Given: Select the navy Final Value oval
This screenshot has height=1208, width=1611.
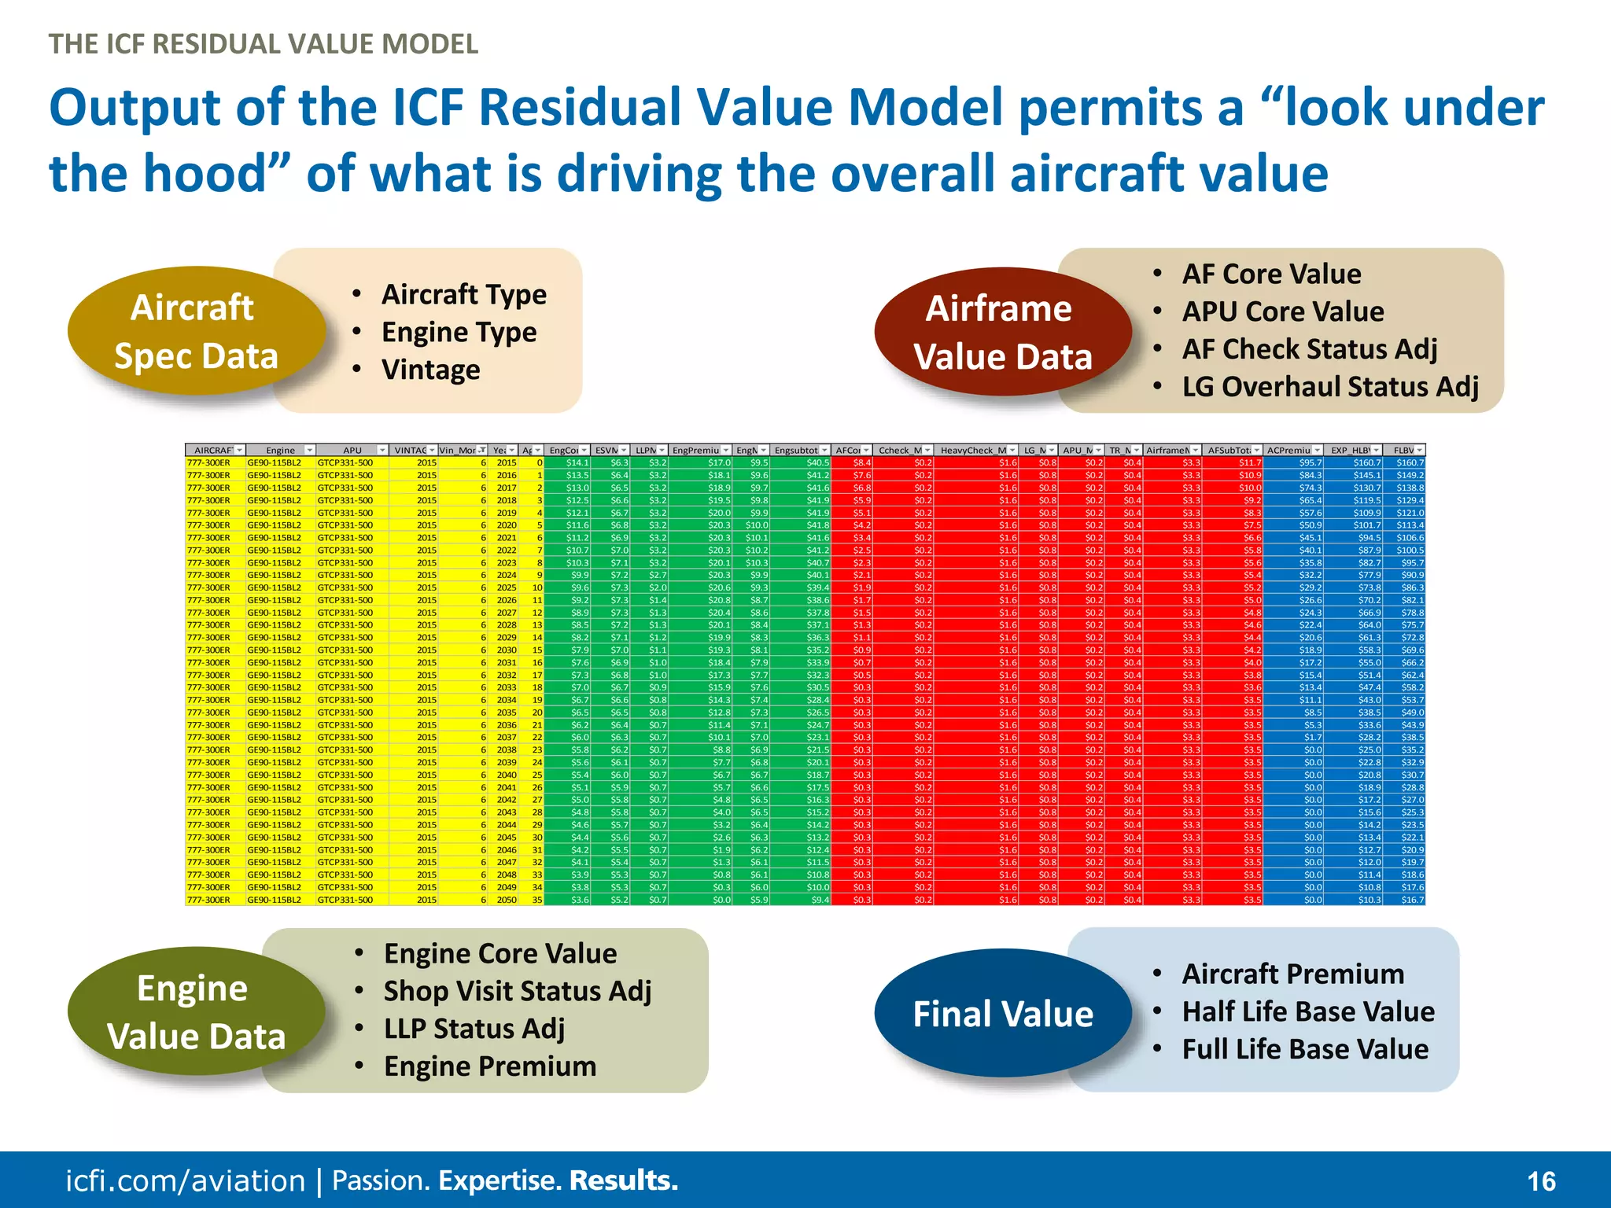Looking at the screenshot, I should coord(1002,1014).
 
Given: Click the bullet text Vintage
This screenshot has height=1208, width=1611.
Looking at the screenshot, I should coord(430,370).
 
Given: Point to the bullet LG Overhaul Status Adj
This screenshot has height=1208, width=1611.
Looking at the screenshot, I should coord(1329,387).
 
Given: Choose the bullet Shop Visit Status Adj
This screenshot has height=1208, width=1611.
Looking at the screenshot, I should coord(517,991).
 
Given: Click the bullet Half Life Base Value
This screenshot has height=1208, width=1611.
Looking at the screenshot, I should coord(1307,1011).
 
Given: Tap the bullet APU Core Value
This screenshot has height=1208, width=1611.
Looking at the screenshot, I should coord(1282,311).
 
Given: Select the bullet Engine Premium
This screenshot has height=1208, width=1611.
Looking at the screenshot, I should coord(489,1066).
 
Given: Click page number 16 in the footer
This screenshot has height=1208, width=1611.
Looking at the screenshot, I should coord(1541,1181).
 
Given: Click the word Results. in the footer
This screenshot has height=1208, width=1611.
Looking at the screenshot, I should coord(623,1180).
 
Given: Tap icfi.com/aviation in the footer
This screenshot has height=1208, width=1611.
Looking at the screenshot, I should coord(185,1181).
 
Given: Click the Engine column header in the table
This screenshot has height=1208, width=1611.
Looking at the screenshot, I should coord(280,451).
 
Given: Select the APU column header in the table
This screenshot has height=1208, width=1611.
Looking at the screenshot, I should coord(352,451).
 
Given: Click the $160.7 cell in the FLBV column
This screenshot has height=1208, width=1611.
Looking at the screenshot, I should coord(1410,463).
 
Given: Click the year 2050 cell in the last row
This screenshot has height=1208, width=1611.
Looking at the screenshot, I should coord(507,900).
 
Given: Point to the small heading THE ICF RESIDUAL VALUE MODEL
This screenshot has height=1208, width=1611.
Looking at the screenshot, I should coord(264,44).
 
